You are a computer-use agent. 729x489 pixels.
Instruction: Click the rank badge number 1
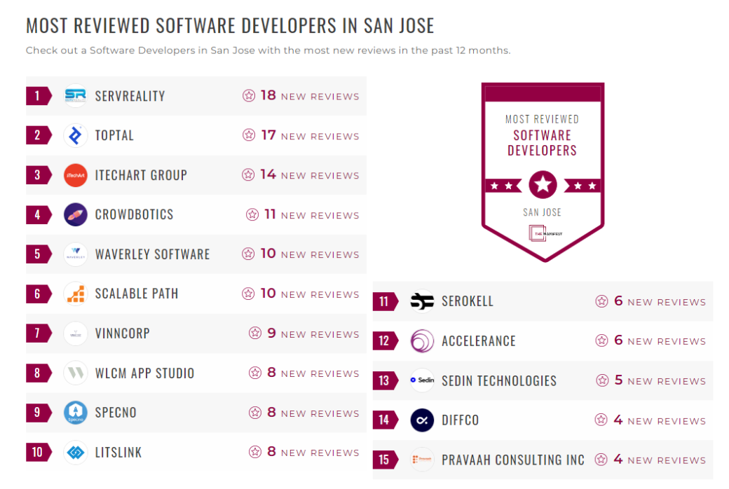pyautogui.click(x=37, y=96)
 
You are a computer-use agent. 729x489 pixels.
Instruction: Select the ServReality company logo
pyautogui.click(x=75, y=96)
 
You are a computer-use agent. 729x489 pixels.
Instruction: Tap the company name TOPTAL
pyautogui.click(x=114, y=136)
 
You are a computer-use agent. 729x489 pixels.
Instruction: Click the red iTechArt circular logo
pyautogui.click(x=75, y=175)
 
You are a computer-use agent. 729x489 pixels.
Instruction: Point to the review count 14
pyautogui.click(x=268, y=174)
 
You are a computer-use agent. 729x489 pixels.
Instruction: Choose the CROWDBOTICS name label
pyautogui.click(x=134, y=215)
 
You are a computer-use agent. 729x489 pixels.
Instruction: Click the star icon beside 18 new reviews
pyautogui.click(x=249, y=96)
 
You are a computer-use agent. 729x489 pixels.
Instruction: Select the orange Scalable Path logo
pyautogui.click(x=75, y=294)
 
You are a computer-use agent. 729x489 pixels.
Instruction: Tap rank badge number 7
pyautogui.click(x=37, y=333)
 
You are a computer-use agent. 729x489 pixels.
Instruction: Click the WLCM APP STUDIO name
pyautogui.click(x=144, y=373)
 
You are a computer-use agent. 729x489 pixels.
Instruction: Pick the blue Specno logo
pyautogui.click(x=75, y=413)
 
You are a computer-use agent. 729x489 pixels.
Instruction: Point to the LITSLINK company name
pyautogui.click(x=118, y=453)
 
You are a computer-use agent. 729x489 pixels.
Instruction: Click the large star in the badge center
pyautogui.click(x=543, y=185)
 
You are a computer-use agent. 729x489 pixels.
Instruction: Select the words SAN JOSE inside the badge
pyautogui.click(x=542, y=212)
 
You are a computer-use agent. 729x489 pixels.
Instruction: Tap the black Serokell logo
pyautogui.click(x=422, y=301)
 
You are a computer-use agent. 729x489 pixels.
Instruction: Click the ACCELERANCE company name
pyautogui.click(x=478, y=341)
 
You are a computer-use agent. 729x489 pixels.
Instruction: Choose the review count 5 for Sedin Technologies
pyautogui.click(x=618, y=380)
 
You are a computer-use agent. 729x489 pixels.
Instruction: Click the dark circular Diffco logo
pyautogui.click(x=422, y=420)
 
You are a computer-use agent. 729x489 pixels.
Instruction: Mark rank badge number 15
pyautogui.click(x=384, y=460)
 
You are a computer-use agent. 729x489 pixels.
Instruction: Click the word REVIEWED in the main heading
pyautogui.click(x=112, y=26)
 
